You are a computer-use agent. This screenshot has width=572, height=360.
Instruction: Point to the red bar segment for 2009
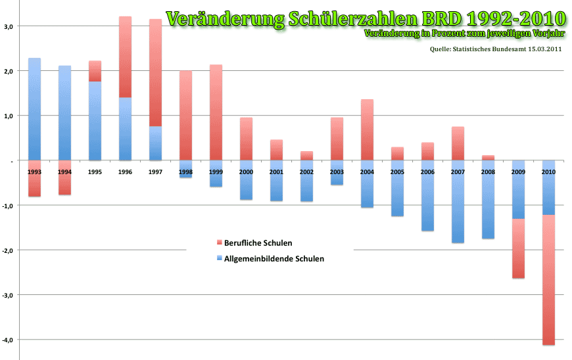518,248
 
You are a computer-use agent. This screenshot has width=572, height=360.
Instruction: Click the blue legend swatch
220,259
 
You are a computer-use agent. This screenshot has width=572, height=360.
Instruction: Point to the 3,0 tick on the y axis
14,26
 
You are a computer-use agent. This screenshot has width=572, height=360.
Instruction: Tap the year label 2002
306,171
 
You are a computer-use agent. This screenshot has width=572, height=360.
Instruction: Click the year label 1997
155,171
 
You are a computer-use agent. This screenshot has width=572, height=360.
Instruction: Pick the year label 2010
548,171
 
